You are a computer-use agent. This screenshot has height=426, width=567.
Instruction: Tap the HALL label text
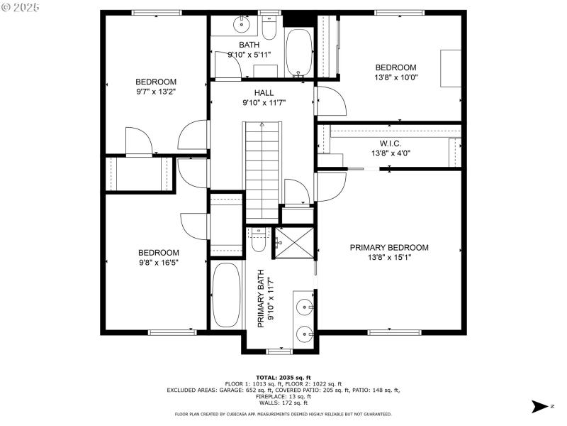[x=264, y=93]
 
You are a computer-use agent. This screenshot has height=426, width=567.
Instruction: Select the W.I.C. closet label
[x=391, y=143]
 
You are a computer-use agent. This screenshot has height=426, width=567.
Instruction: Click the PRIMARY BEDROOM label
[x=389, y=248]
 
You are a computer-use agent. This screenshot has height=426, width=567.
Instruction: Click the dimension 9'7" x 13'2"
[x=156, y=91]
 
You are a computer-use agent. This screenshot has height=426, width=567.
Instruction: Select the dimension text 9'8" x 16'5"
[x=158, y=262]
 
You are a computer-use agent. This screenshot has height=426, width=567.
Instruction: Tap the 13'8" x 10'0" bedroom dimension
[x=395, y=77]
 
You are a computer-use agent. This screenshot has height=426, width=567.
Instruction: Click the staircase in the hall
[x=262, y=171]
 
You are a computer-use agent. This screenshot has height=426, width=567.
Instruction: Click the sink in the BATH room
[x=241, y=26]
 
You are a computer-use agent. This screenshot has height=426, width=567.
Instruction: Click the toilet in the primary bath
[x=257, y=241]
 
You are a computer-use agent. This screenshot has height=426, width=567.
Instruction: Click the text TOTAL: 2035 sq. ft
[x=283, y=378]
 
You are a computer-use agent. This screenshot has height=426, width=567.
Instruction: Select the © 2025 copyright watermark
[x=21, y=7]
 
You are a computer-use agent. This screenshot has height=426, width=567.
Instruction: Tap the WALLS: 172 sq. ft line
[x=283, y=403]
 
